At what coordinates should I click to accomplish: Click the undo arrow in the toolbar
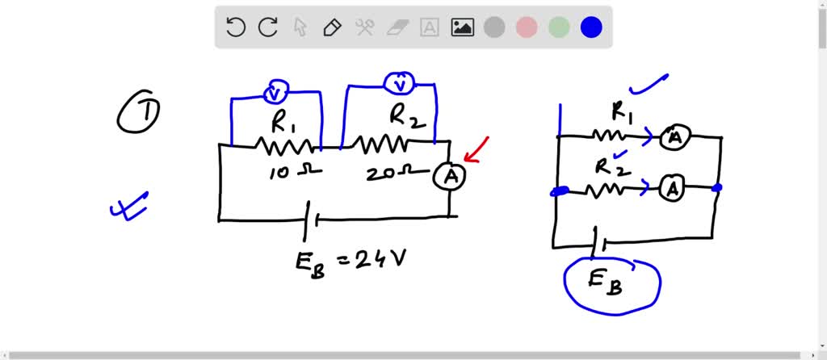tap(235, 27)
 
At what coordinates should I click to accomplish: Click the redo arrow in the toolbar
tap(267, 27)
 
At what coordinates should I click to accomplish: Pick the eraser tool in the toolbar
tap(397, 27)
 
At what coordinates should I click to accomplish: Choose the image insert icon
tap(462, 27)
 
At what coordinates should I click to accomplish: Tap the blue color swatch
tap(591, 27)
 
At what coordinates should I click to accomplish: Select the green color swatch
tap(559, 27)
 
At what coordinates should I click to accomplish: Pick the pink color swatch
tap(527, 27)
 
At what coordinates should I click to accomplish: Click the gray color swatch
tap(494, 27)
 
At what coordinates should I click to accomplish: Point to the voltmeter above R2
tap(398, 83)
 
